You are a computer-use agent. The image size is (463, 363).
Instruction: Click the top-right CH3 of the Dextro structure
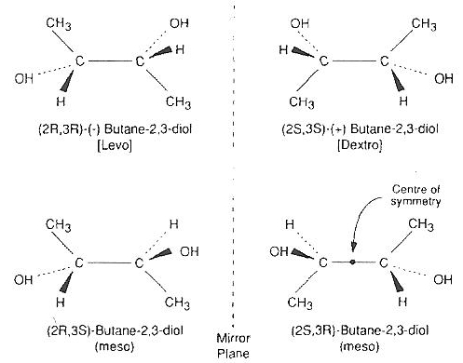coord(423,23)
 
